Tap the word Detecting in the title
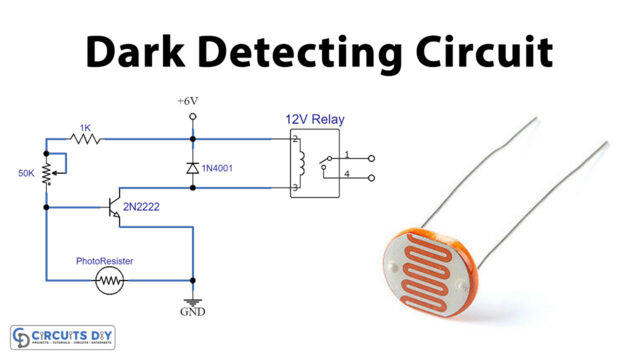click(299, 50)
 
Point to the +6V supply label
click(191, 102)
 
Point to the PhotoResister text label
click(104, 261)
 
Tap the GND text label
click(192, 312)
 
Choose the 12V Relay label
click(315, 120)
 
